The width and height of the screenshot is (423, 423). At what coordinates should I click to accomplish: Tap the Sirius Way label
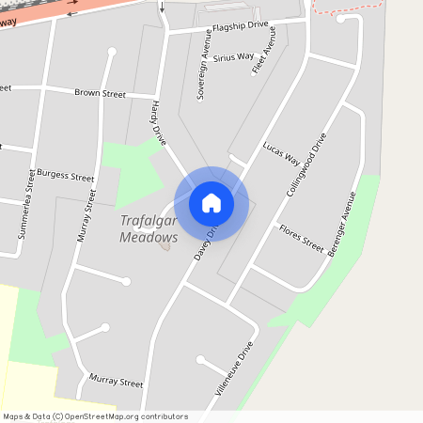233,58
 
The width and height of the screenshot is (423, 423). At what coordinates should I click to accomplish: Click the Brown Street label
100,94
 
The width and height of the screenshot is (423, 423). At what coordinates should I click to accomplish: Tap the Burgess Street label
65,176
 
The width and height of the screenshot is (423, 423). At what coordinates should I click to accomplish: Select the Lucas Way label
280,152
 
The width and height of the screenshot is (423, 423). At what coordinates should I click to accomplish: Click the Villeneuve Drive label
235,365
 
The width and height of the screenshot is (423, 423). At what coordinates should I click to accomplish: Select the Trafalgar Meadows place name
149,229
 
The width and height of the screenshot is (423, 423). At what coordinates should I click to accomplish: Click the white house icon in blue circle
211,202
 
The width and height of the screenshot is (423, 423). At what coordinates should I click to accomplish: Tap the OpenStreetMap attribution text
95,416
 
